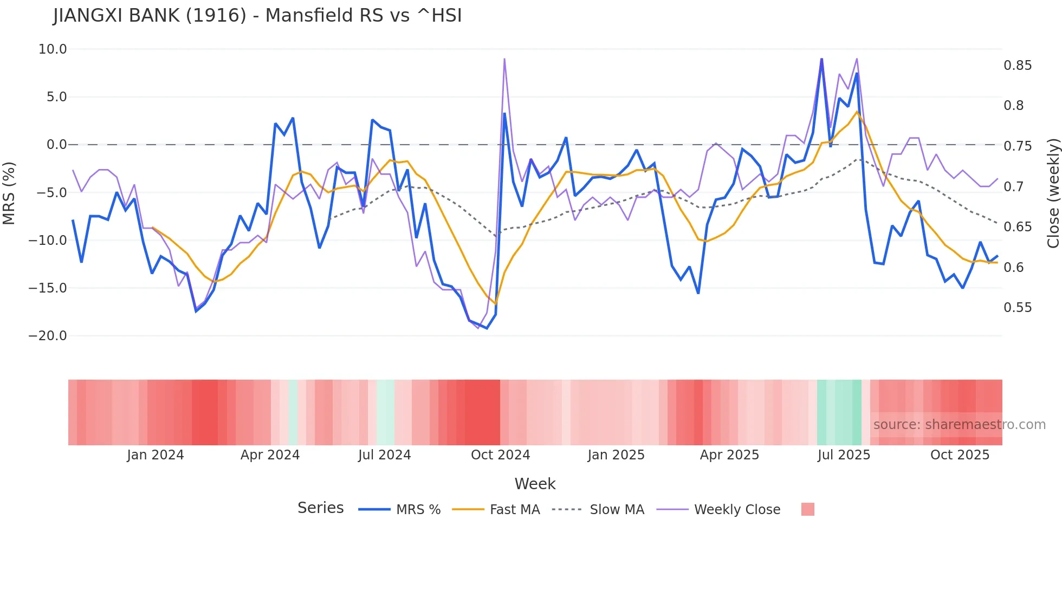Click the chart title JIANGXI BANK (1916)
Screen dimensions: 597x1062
(x=257, y=16)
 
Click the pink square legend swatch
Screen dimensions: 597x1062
(x=807, y=509)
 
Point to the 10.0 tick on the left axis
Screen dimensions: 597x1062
(x=53, y=49)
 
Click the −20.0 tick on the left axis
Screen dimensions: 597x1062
(x=48, y=336)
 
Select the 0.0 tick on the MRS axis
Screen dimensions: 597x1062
(x=56, y=145)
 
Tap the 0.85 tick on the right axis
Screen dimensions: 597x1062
(x=1018, y=66)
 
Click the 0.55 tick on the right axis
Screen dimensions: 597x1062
(x=1018, y=308)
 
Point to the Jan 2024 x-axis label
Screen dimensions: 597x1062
(x=156, y=455)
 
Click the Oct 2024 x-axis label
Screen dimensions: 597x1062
(x=500, y=455)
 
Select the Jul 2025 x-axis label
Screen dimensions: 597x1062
(x=844, y=455)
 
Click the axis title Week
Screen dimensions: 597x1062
(x=535, y=484)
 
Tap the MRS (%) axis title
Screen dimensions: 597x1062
(x=9, y=193)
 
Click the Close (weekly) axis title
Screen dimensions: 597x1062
(x=1053, y=193)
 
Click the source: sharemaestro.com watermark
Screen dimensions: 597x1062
(x=959, y=425)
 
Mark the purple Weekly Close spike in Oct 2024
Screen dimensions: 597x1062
(x=504, y=60)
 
